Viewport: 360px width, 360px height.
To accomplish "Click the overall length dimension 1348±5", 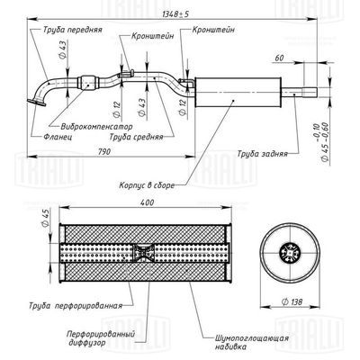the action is pyautogui.click(x=175, y=13).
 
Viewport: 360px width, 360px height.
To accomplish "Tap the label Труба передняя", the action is pyautogui.click(x=73, y=30).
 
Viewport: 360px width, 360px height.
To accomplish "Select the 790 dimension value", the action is pyautogui.click(x=103, y=151).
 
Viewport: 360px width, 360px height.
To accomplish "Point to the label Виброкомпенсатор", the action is pyautogui.click(x=96, y=126).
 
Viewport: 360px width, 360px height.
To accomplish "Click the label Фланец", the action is pyautogui.click(x=58, y=137).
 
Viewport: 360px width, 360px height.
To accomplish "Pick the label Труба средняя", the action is pyautogui.click(x=136, y=137).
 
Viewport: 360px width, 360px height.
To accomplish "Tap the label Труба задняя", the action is pyautogui.click(x=263, y=154).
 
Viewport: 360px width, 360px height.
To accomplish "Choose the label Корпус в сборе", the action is pyautogui.click(x=147, y=185).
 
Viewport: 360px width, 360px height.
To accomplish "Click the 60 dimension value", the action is pyautogui.click(x=279, y=58).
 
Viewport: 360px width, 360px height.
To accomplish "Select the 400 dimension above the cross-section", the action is pyautogui.click(x=147, y=202).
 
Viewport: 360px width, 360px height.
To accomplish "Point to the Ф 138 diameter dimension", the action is pyautogui.click(x=292, y=301).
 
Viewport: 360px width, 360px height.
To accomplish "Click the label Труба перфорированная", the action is pyautogui.click(x=76, y=306).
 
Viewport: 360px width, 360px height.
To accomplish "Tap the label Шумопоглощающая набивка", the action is pyautogui.click(x=252, y=342).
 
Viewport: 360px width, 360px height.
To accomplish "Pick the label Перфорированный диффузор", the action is pyautogui.click(x=101, y=338).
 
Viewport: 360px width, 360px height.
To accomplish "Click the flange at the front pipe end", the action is pyautogui.click(x=36, y=103).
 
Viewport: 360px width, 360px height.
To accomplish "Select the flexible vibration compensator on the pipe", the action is pyautogui.click(x=88, y=82).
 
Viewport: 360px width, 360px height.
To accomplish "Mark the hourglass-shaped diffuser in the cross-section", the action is pyautogui.click(x=143, y=253).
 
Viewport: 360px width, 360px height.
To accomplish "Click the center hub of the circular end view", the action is pyautogui.click(x=289, y=253).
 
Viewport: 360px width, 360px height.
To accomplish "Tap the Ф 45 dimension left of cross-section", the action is pyautogui.click(x=45, y=220).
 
